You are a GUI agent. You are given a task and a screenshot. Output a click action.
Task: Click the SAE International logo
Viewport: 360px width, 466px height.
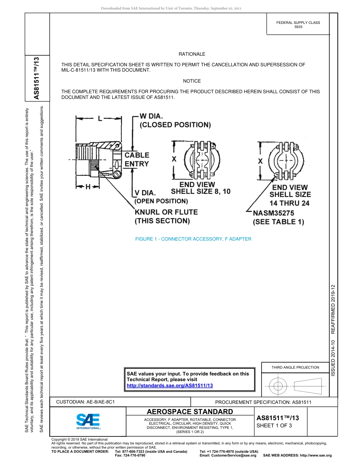pyautogui.click(x=88, y=421)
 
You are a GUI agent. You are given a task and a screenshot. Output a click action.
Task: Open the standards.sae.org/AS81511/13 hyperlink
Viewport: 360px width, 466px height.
pyautogui.click(x=170, y=385)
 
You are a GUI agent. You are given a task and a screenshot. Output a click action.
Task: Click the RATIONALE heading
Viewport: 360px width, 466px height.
pyautogui.click(x=192, y=54)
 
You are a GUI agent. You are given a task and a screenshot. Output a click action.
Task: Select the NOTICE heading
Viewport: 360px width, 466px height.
pyautogui.click(x=192, y=81)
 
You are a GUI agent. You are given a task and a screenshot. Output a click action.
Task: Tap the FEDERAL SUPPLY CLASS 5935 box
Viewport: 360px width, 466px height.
pyautogui.click(x=298, y=25)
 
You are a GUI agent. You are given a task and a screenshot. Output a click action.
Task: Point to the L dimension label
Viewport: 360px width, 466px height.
pyautogui.click(x=100, y=119)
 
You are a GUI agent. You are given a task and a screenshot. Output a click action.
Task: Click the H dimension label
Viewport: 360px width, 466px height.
pyautogui.click(x=88, y=187)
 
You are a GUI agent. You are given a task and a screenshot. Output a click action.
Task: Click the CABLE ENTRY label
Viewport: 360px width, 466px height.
pyautogui.click(x=137, y=160)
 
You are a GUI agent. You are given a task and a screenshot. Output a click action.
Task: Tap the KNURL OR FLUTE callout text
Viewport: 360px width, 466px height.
pyautogui.click(x=166, y=216)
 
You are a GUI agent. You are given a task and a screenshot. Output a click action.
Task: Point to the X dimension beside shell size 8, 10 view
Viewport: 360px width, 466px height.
pyautogui.click(x=174, y=160)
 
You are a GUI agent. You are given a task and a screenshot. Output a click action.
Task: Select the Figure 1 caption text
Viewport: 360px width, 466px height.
pyautogui.click(x=193, y=239)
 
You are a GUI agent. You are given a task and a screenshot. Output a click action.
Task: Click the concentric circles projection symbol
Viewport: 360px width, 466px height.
pyautogui.click(x=279, y=386)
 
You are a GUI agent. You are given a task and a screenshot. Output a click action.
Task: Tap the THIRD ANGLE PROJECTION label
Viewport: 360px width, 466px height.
pyautogui.click(x=295, y=367)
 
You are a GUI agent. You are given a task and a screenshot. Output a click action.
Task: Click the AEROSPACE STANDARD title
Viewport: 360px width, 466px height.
pyautogui.click(x=190, y=412)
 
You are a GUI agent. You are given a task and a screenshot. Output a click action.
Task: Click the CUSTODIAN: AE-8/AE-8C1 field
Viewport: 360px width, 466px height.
pyautogui.click(x=85, y=402)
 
